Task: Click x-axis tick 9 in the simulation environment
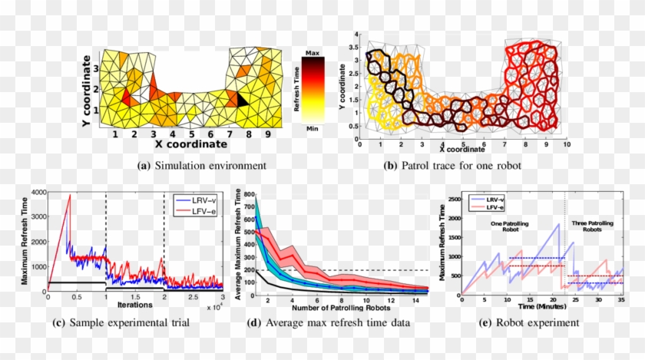(x=267, y=135)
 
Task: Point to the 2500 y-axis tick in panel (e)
(x=453, y=199)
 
